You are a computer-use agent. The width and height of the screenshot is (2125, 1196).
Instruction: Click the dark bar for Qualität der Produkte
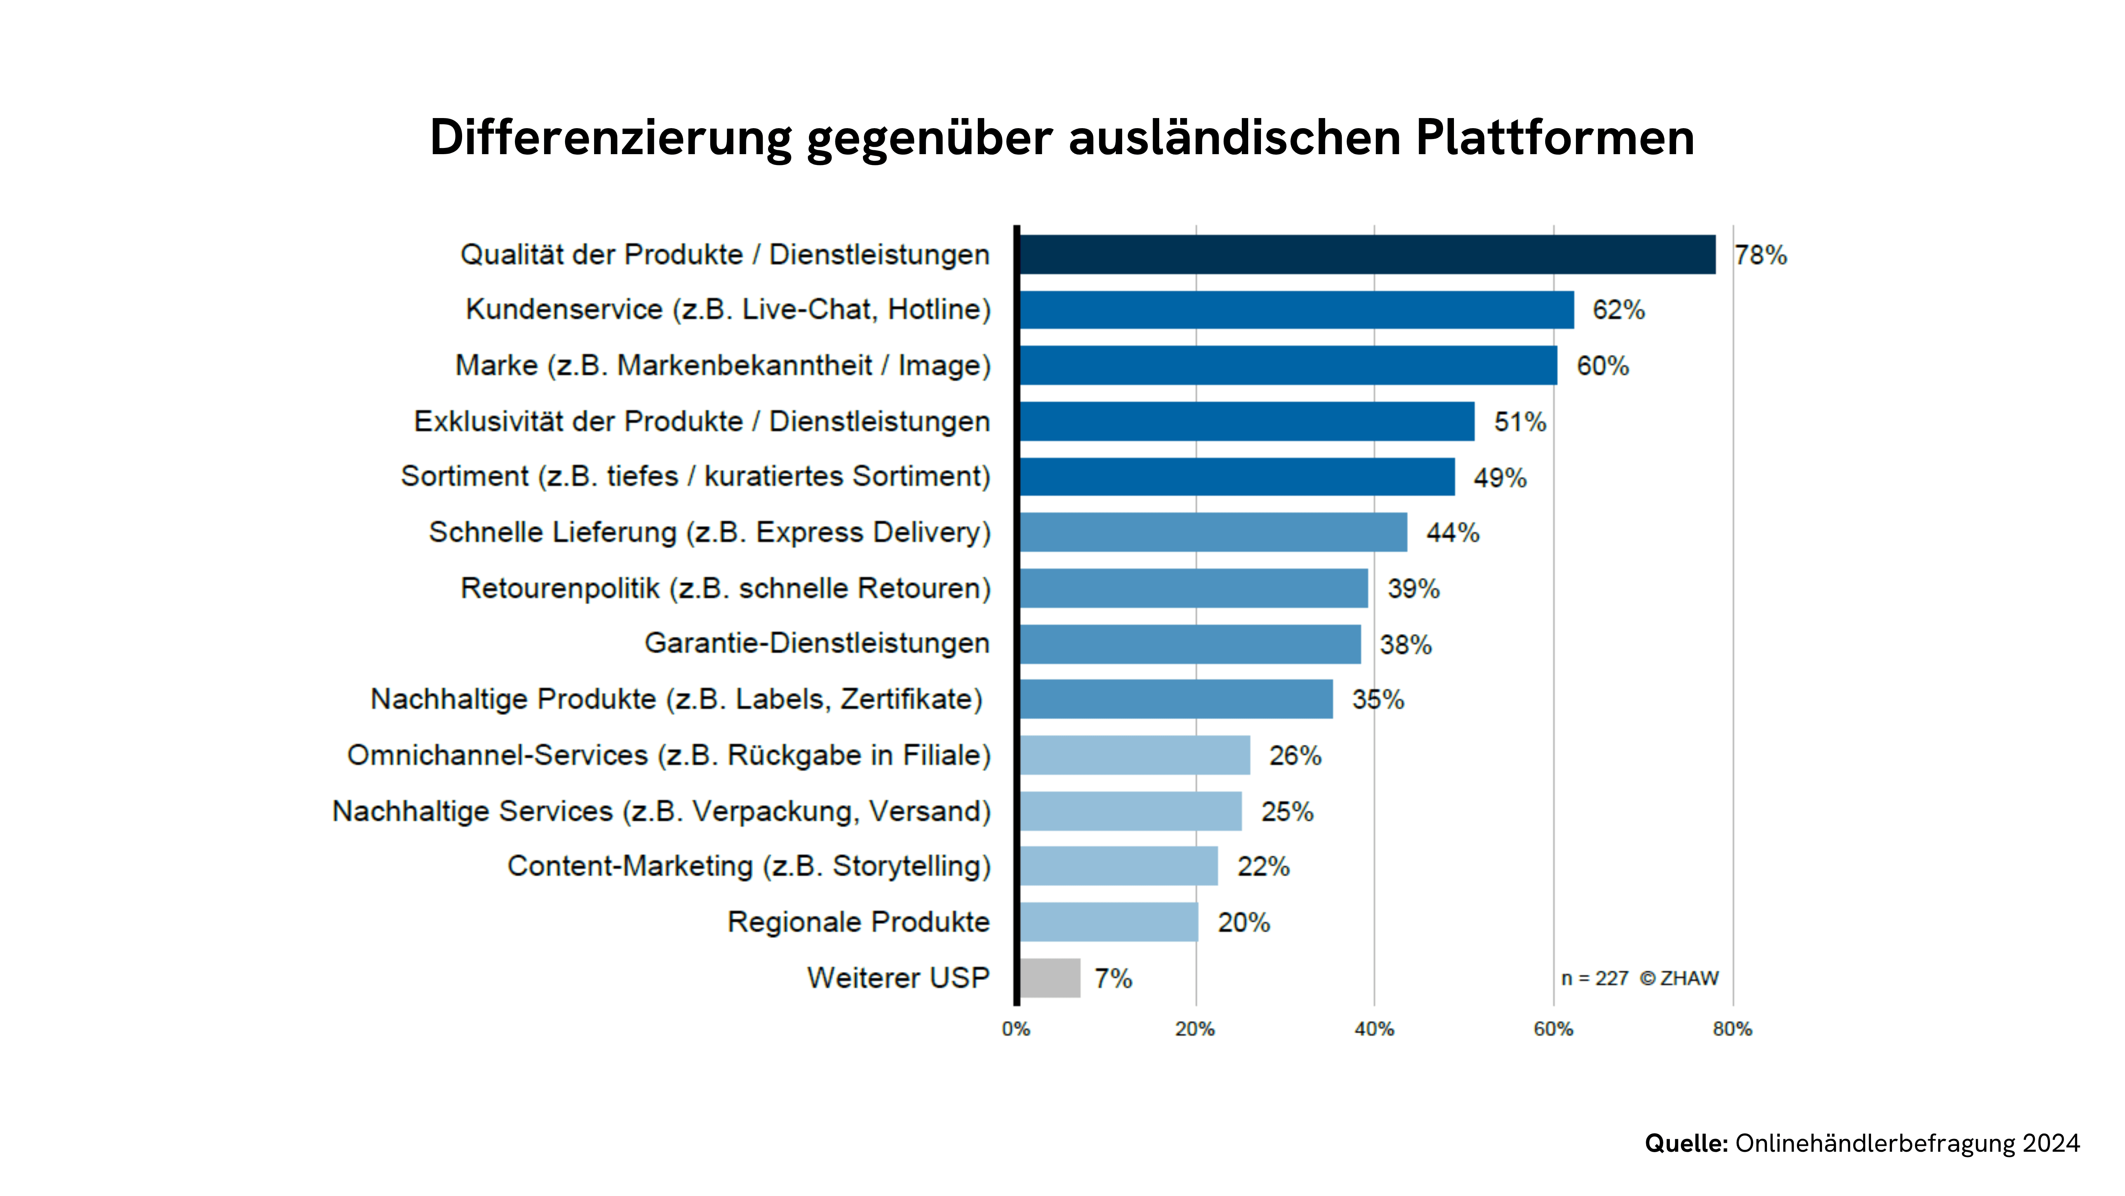pos(1367,254)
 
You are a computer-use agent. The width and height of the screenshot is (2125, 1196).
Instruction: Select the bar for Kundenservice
pos(1296,310)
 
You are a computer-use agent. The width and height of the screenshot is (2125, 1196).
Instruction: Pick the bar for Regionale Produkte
pos(1109,922)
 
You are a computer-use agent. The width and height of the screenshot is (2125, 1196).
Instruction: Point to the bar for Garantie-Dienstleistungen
pos(1190,644)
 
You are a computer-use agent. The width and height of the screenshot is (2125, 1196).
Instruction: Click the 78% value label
pos(1760,256)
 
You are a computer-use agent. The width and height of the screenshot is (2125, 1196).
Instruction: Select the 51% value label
pos(1520,422)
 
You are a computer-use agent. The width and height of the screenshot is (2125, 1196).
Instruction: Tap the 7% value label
pos(1113,979)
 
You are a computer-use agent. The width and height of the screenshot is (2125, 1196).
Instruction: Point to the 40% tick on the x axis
pos(1374,1029)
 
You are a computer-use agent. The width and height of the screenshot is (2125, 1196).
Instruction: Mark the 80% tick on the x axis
pos(1732,1029)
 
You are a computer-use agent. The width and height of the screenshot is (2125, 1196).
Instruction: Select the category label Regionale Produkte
pos(858,922)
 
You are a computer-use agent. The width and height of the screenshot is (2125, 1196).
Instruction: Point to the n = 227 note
pos(1595,979)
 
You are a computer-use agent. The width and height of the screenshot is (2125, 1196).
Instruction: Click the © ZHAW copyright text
pos(1680,979)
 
